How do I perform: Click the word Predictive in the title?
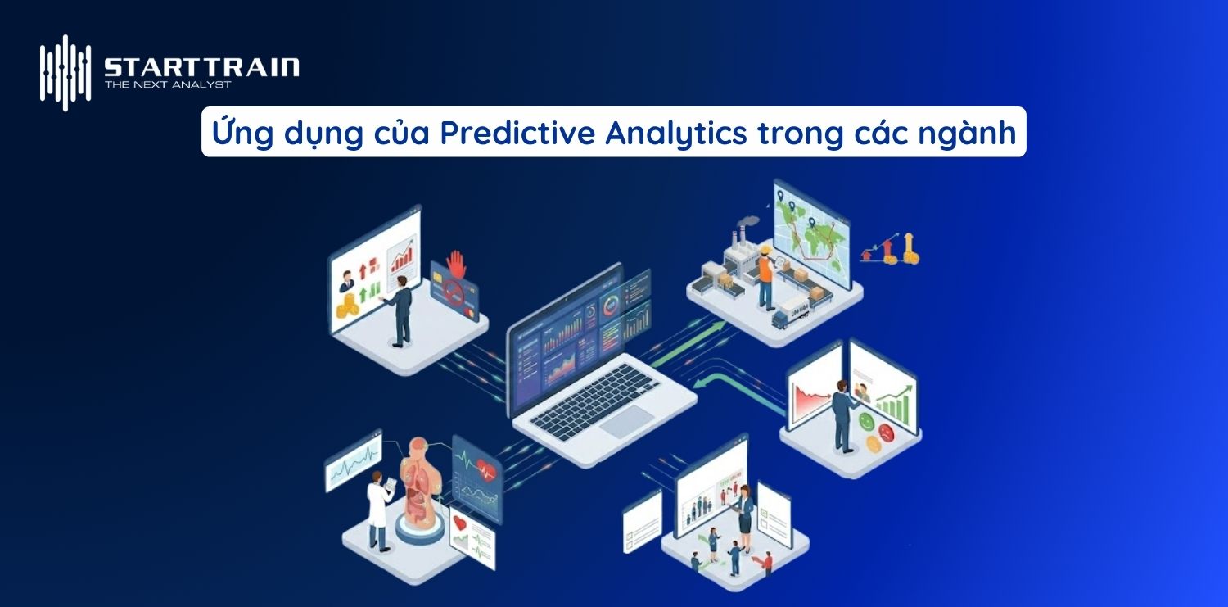tap(517, 133)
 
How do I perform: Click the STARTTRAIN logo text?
tap(201, 66)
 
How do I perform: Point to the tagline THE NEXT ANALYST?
tap(168, 84)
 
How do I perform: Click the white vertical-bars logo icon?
tap(65, 72)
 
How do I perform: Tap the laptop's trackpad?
tap(626, 422)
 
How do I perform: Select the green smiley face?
tap(868, 421)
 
